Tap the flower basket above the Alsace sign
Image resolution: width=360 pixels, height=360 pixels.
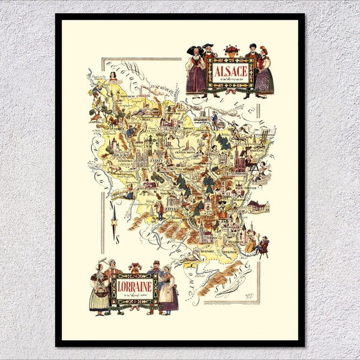230,50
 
